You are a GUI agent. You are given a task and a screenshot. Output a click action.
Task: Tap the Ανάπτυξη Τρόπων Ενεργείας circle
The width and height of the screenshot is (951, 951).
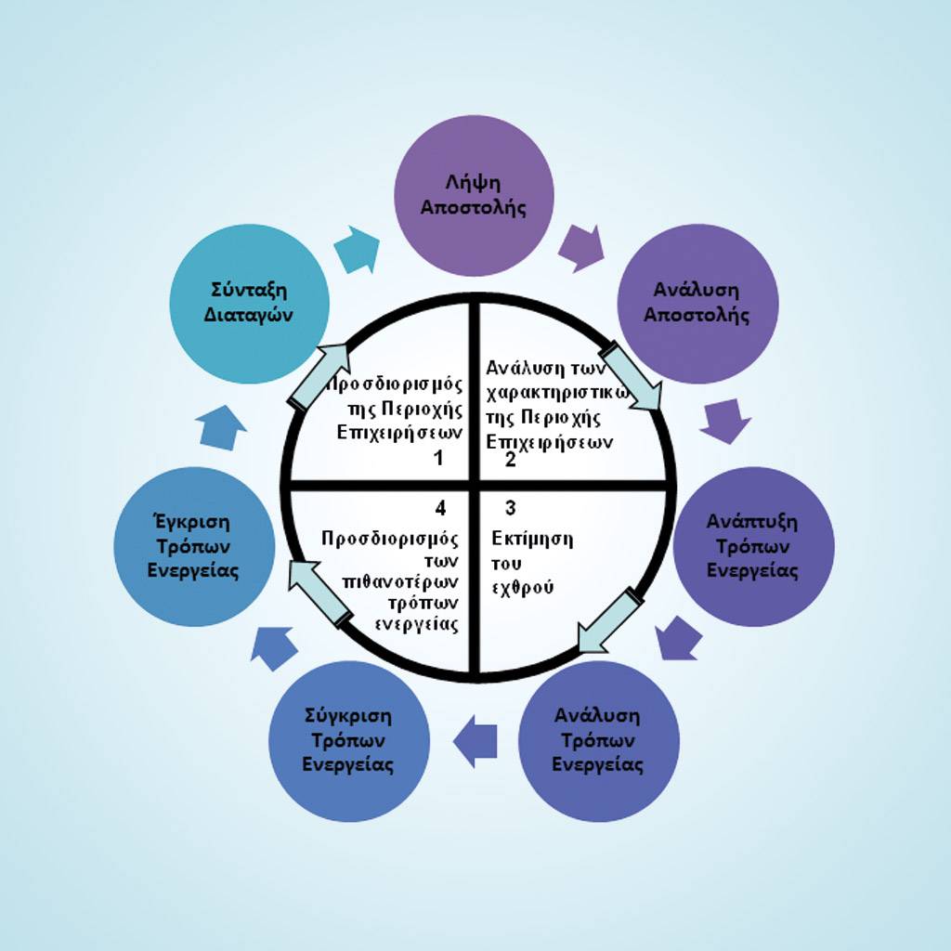tap(752, 546)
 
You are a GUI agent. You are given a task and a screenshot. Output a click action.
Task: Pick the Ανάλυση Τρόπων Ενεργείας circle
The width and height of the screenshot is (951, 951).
tap(599, 741)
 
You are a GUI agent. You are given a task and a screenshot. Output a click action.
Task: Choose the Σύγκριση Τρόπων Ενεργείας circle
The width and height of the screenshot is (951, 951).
tap(349, 741)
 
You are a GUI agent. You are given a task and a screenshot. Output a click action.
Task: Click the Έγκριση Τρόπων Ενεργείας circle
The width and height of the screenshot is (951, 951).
tap(194, 546)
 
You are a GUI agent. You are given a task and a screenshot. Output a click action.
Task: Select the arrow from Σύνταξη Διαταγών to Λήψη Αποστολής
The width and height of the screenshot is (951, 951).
tap(358, 249)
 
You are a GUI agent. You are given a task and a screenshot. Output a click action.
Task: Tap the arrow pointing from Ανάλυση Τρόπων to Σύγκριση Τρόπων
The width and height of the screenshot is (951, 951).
tap(475, 741)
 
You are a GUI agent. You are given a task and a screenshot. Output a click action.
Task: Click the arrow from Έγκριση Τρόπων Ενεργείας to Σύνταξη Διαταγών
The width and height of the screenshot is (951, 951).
tap(221, 428)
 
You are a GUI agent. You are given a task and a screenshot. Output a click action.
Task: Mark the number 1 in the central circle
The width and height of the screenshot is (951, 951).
tap(438, 457)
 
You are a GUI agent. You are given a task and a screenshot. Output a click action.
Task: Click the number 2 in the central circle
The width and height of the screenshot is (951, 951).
tap(510, 459)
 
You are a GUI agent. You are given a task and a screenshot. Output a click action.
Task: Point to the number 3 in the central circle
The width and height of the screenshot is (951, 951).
tap(510, 508)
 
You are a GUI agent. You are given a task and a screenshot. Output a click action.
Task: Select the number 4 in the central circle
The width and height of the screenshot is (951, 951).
tap(440, 507)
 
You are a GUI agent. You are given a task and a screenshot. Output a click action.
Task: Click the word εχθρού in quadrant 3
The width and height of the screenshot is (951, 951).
tap(523, 587)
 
